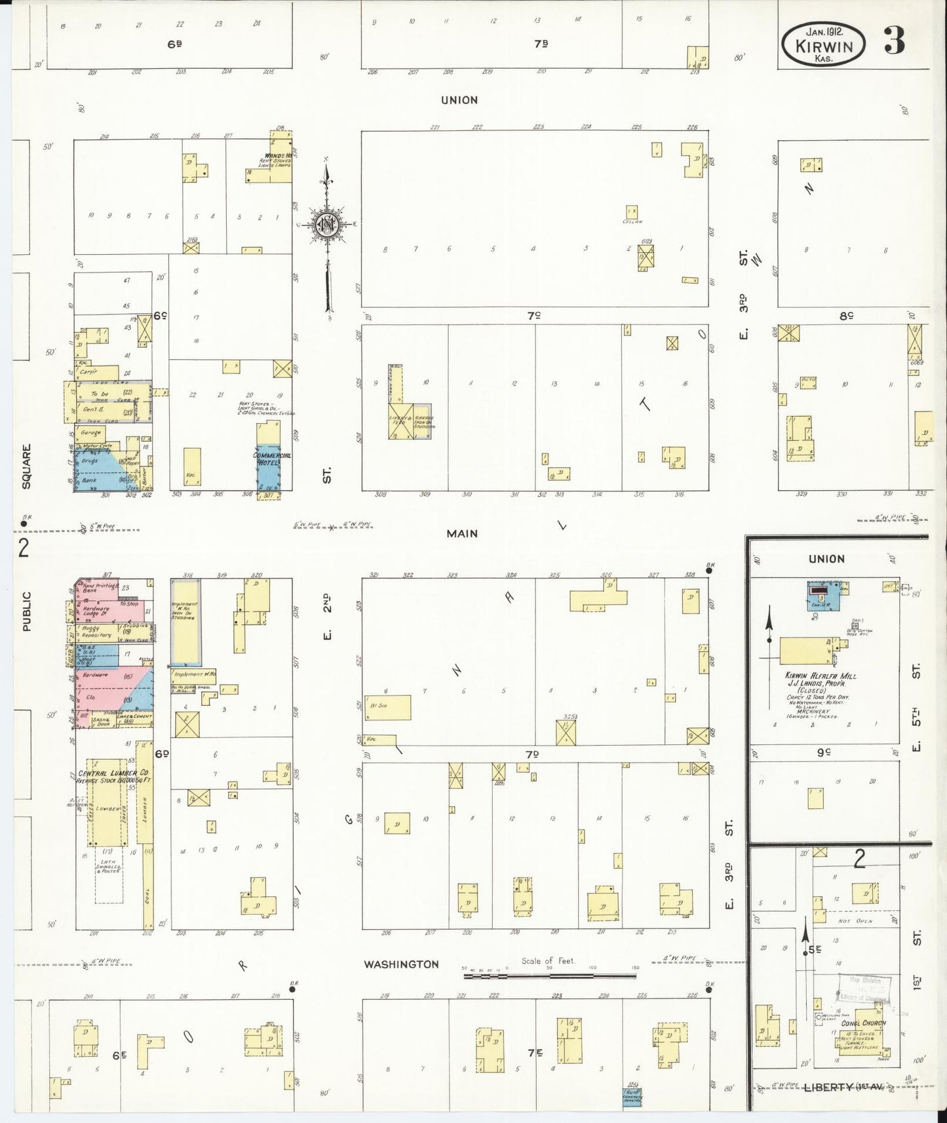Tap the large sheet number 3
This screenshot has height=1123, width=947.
[894, 41]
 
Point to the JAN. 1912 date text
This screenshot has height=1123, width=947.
[823, 30]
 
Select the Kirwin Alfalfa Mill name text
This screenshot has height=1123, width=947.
[821, 676]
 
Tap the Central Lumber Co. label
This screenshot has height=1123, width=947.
[113, 773]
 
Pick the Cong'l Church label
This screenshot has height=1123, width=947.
[863, 1023]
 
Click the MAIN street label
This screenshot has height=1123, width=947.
[462, 534]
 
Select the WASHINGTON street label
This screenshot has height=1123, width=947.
[401, 964]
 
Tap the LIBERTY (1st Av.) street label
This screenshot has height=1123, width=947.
[832, 1087]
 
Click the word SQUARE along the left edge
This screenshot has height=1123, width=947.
[26, 466]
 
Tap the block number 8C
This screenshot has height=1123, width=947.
[846, 316]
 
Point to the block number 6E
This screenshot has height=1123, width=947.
[119, 1056]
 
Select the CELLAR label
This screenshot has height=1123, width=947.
[630, 222]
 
